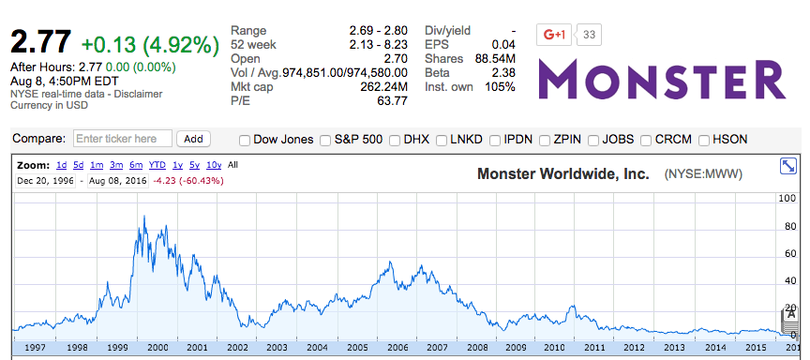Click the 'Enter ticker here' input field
[122, 139]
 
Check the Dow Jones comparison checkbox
[245, 141]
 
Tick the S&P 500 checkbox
[325, 141]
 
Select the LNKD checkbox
[442, 141]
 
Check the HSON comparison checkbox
[704, 141]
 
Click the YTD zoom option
[157, 165]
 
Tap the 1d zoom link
[61, 165]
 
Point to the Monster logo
[663, 79]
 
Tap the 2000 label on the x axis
[157, 347]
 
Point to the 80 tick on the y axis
[788, 226]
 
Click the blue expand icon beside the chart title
[788, 166]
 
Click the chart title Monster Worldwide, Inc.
[563, 173]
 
